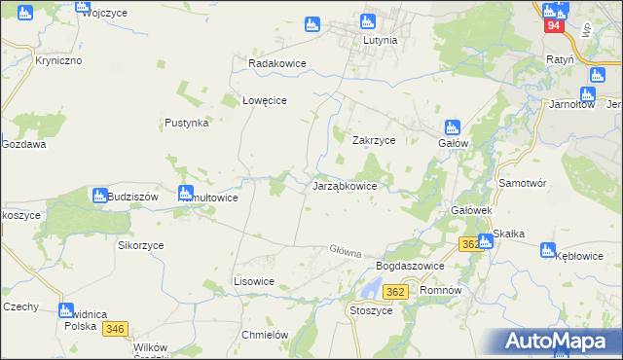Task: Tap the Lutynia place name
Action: point(380,41)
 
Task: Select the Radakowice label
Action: point(277,63)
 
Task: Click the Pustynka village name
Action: point(187,124)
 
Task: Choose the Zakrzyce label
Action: point(373,140)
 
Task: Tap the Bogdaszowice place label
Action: point(410,266)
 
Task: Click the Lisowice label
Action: point(254,281)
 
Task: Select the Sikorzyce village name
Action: point(141,246)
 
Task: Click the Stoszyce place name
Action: point(370,310)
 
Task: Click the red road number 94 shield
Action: point(553,26)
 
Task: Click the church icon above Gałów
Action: point(452,126)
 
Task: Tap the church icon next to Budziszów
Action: point(99,196)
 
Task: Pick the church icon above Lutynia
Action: point(368,21)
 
